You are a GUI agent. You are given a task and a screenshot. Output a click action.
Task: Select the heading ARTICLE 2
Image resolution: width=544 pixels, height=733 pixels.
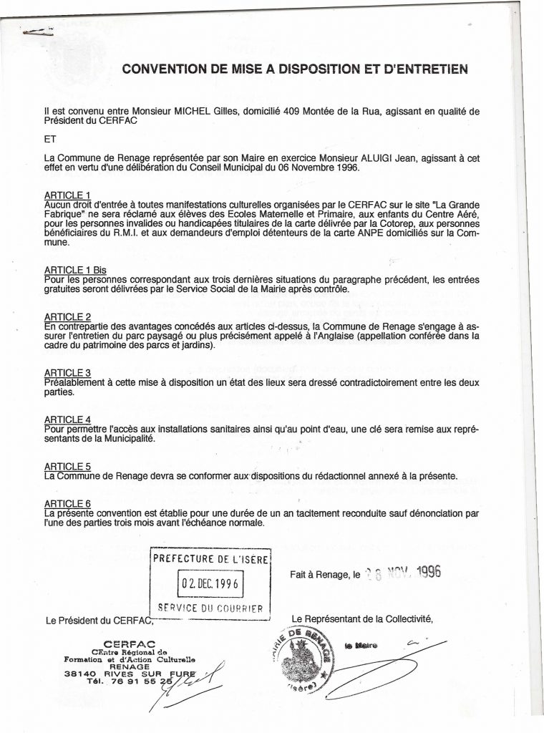[67, 316]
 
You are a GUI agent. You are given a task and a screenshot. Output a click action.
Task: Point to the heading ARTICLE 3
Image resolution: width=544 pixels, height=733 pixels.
[67, 373]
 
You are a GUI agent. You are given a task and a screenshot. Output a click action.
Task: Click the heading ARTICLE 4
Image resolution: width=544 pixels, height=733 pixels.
[67, 419]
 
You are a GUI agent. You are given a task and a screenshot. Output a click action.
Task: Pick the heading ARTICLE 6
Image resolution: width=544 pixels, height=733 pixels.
[67, 504]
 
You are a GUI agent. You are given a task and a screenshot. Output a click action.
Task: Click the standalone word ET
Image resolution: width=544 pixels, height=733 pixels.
[49, 139]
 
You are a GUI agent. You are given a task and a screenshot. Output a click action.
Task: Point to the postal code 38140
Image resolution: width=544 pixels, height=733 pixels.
[78, 674]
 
